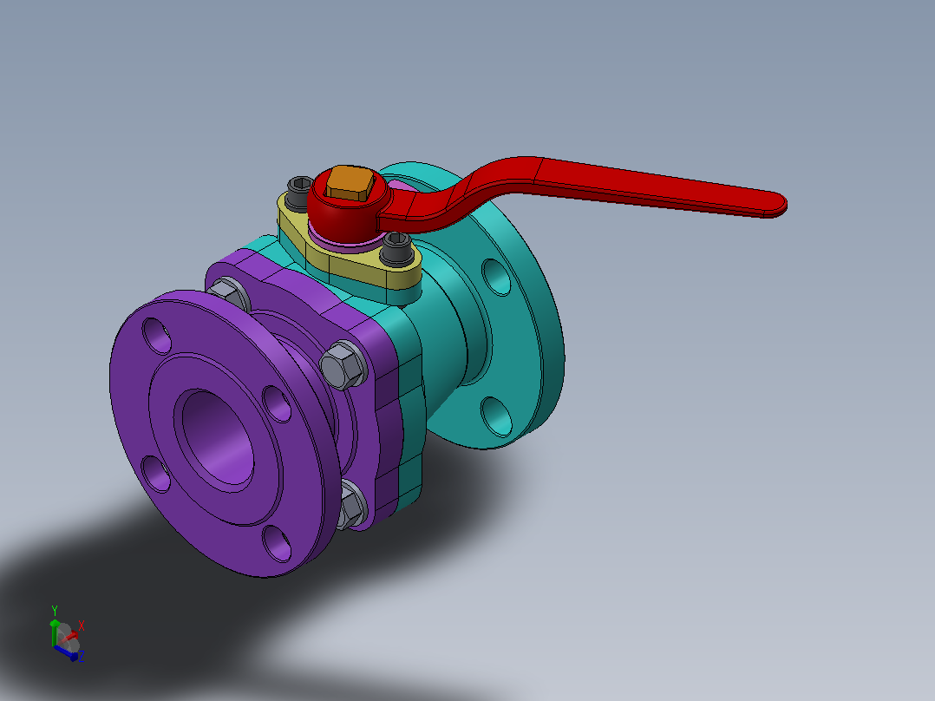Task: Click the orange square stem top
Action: (350, 182)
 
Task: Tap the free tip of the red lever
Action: (782, 205)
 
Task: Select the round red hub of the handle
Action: (349, 206)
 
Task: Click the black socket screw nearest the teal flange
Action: (396, 248)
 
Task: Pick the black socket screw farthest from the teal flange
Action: (299, 192)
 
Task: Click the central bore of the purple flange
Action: (218, 440)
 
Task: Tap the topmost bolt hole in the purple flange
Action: (157, 335)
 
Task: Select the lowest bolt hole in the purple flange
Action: (277, 542)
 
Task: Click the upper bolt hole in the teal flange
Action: (496, 277)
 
